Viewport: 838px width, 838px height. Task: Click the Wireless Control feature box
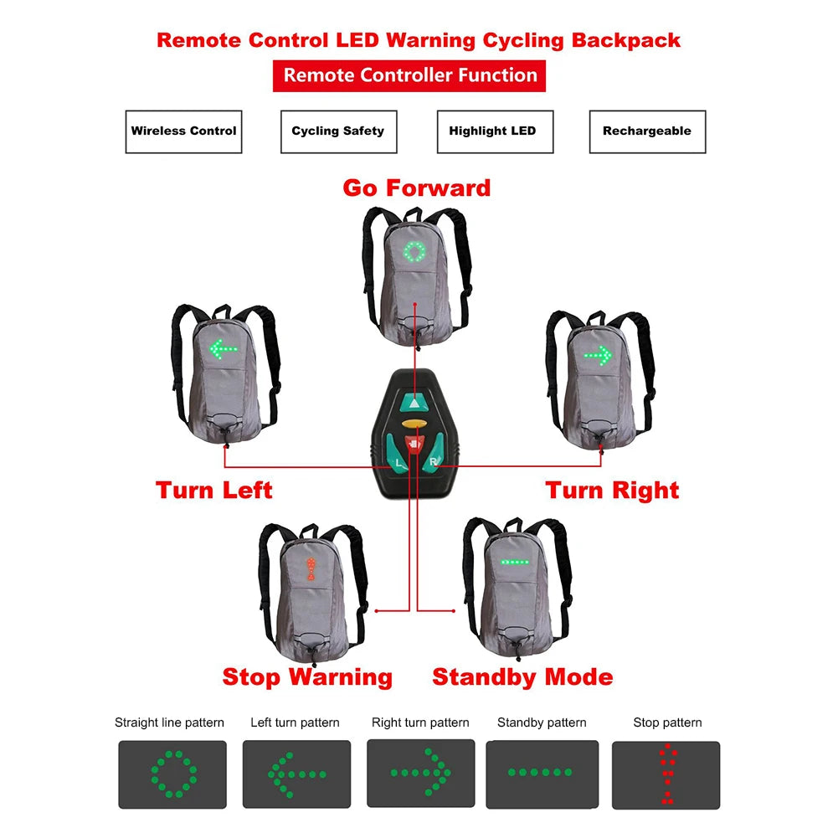click(183, 131)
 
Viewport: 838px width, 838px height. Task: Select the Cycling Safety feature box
click(338, 131)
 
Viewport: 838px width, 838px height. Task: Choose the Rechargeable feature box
click(647, 131)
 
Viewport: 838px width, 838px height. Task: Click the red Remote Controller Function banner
click(409, 75)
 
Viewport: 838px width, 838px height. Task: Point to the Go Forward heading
click(416, 188)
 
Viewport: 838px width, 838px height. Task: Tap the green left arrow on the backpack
click(224, 349)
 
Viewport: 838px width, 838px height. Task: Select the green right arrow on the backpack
click(598, 355)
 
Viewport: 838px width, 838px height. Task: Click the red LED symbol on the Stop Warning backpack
click(311, 569)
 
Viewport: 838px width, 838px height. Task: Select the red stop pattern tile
click(666, 775)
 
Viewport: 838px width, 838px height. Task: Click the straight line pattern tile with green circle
click(172, 774)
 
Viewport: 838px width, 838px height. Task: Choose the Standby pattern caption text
click(542, 722)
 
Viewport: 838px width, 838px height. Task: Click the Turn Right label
click(612, 491)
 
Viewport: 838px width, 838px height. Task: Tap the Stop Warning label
click(307, 676)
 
